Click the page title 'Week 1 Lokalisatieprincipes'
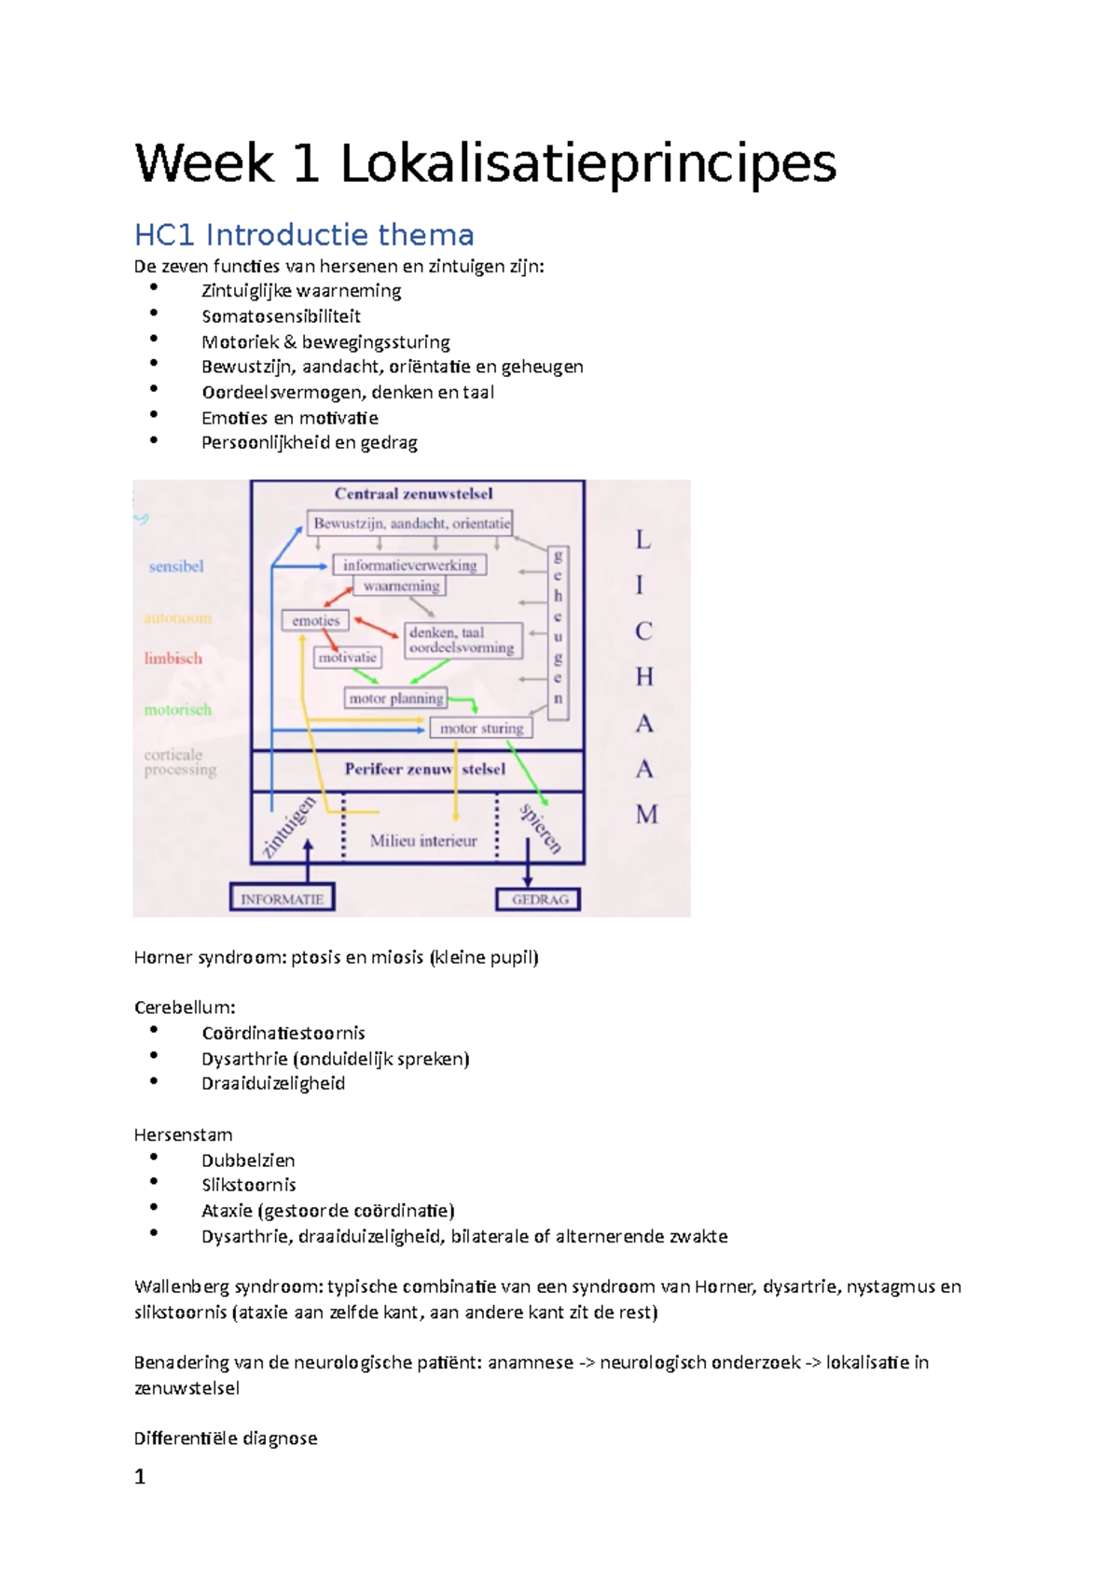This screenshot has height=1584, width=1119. point(485,164)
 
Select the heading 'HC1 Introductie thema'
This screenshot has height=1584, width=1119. point(304,234)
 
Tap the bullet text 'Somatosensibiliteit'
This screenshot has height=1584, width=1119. point(281,316)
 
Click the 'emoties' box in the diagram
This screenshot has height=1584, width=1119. point(315,620)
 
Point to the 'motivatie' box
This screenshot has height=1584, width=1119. point(347,658)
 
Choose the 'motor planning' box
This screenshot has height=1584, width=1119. point(395,698)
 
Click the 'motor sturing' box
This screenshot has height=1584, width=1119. point(481,728)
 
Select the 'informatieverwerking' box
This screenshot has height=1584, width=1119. point(409,564)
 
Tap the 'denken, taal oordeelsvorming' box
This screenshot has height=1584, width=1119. point(462,640)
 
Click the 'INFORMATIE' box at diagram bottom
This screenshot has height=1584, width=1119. point(282,899)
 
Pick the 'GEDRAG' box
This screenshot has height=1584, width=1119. point(539,899)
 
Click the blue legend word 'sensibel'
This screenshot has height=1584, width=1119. point(175,566)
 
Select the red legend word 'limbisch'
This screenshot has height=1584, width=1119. point(173,659)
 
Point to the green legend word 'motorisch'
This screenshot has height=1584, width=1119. point(177,710)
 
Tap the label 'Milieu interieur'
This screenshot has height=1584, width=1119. point(422,841)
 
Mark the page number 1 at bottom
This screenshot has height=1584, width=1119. point(140,1477)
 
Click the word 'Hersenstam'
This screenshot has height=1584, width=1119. point(183,1134)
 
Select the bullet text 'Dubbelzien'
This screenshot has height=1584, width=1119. point(248,1160)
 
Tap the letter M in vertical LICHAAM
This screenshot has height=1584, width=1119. point(646,814)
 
